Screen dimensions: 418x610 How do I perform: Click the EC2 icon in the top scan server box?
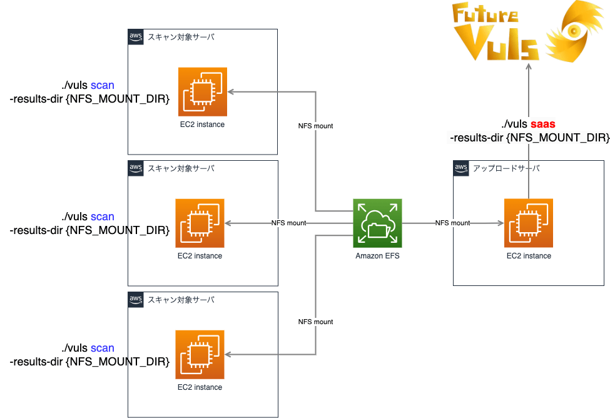click(x=202, y=92)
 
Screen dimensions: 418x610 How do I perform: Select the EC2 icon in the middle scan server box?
click(x=200, y=223)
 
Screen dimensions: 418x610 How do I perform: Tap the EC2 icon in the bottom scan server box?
click(x=200, y=355)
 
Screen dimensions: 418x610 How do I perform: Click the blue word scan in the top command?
click(x=103, y=85)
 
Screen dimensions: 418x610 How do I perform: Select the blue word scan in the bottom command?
click(x=103, y=348)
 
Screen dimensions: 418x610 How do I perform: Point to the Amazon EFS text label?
click(x=377, y=256)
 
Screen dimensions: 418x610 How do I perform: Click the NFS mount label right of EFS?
click(x=452, y=223)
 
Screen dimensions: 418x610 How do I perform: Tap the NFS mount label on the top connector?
click(x=315, y=126)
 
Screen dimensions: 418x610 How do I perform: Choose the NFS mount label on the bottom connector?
click(x=315, y=322)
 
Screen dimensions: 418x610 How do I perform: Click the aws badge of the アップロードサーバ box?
click(x=461, y=168)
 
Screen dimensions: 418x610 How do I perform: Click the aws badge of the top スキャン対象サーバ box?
click(x=136, y=36)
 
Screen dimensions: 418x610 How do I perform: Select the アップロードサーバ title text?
click(x=506, y=168)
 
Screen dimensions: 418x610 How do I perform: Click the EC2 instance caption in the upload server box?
click(x=529, y=256)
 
